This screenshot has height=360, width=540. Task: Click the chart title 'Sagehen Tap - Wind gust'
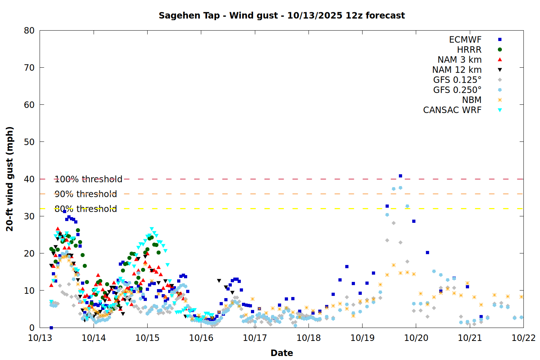pos(282,15)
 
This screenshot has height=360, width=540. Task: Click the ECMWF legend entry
pos(465,40)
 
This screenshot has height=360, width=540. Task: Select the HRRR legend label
pos(469,50)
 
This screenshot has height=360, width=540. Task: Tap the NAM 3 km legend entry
pos(459,60)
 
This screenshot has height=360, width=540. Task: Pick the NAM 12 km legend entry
pos(457,70)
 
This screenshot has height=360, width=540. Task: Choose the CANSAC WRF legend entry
pos(452,110)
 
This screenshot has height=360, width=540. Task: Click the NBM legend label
pos(472,100)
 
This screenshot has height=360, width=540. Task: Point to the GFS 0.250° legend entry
pos(457,90)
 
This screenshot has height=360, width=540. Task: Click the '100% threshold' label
pos(88,179)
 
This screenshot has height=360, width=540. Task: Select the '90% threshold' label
pos(86,194)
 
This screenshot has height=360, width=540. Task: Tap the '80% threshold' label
pos(86,209)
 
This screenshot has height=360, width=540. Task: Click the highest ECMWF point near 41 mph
pos(400,176)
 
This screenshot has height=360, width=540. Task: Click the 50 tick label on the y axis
pos(29,142)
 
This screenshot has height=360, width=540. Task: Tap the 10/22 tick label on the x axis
pos(523,338)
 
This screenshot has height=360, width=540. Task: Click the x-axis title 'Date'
pos(282,353)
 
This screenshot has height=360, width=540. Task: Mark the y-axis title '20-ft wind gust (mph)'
pos(10,179)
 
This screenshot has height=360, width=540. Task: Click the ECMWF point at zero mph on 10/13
pos(51,328)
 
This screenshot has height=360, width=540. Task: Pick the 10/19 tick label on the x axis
pos(362,338)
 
